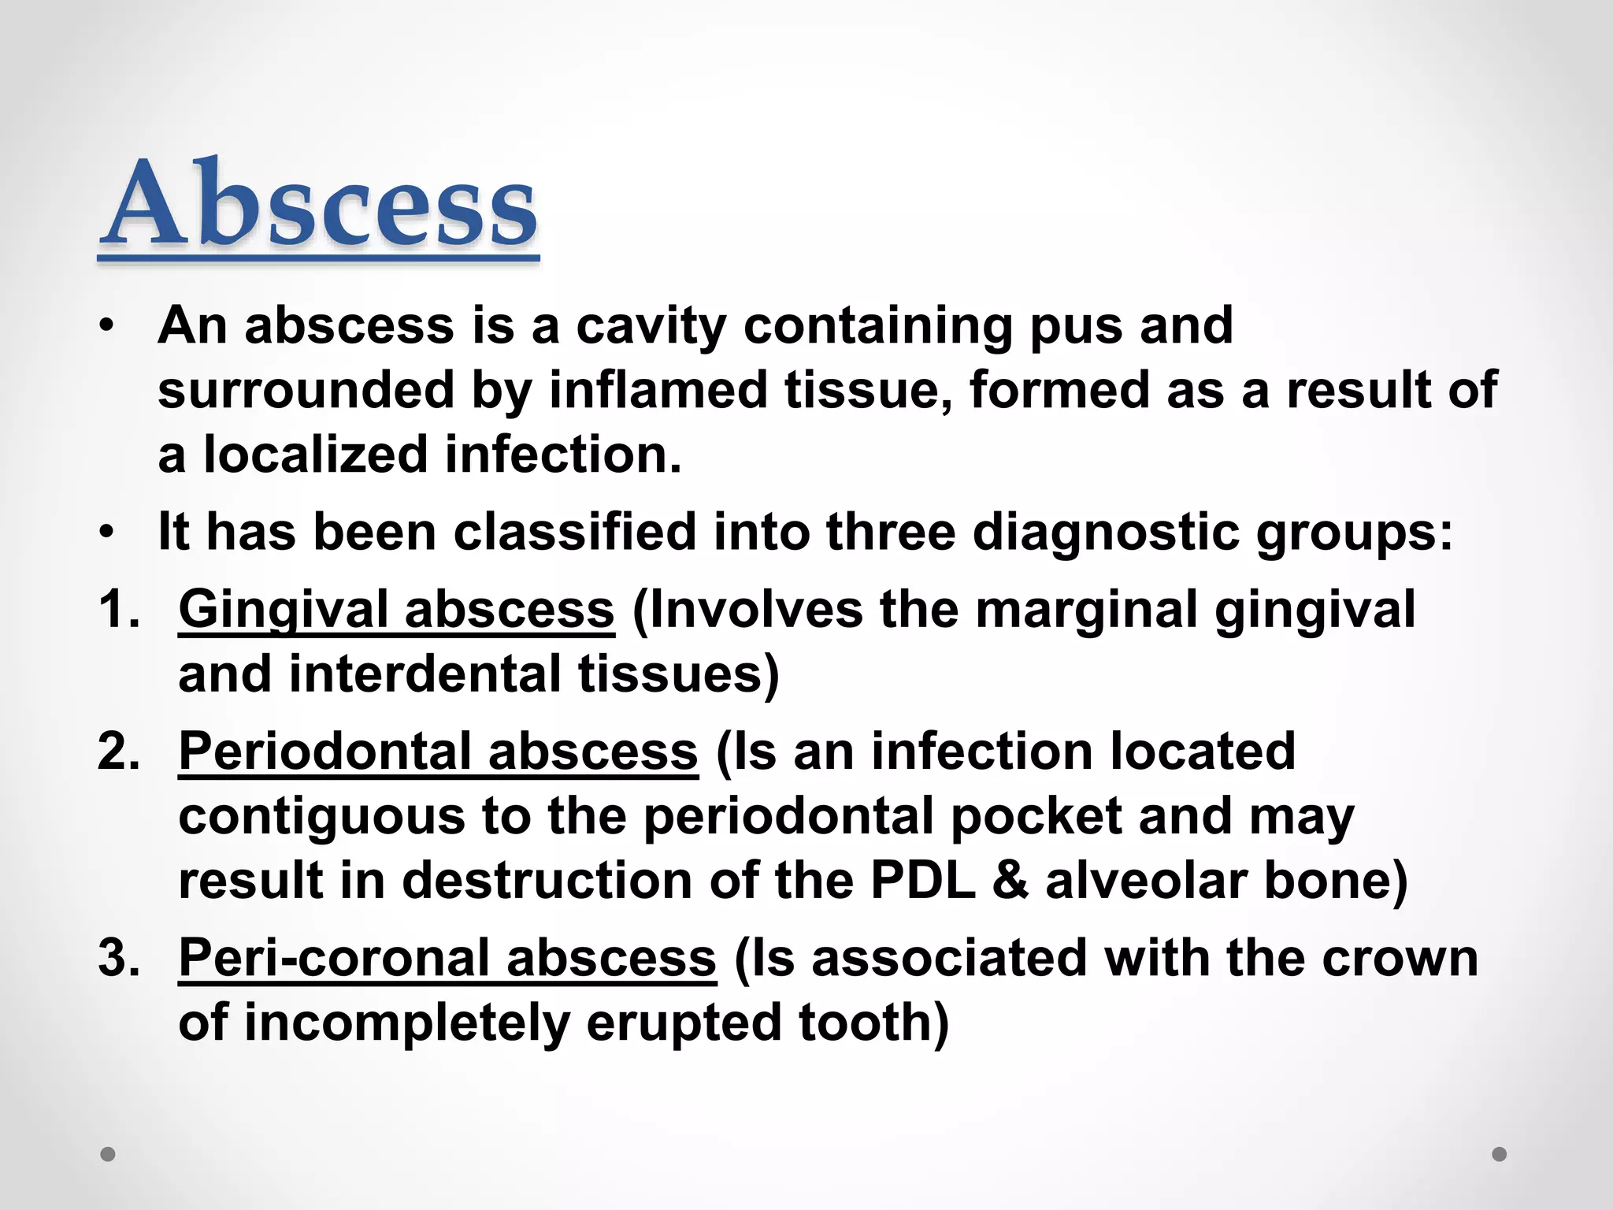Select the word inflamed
[658, 391]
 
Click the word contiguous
[321, 816]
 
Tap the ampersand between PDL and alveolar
[1010, 881]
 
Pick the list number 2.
[119, 752]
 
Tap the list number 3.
[119, 959]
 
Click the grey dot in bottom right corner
[1500, 1154]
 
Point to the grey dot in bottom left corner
[108, 1154]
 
